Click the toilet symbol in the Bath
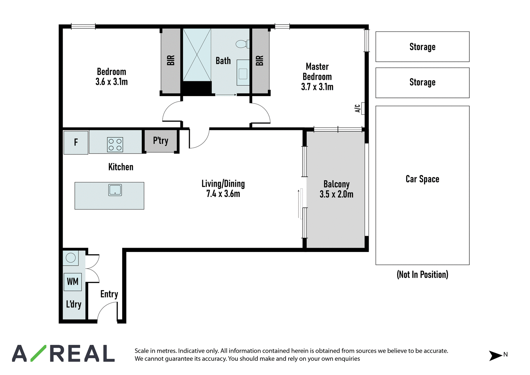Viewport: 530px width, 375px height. pos(242,44)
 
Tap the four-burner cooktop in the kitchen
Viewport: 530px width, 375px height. pos(115,145)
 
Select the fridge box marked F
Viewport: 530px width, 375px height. pos(76,143)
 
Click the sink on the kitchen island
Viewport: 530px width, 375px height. pos(115,190)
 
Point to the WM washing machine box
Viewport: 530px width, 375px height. pos(73,282)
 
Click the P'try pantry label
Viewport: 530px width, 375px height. pos(161,141)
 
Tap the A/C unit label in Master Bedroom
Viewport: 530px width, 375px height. pos(357,108)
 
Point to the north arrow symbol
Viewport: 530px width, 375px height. pos(495,355)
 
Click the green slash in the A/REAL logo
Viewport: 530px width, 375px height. pos(38,353)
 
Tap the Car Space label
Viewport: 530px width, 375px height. pos(422,179)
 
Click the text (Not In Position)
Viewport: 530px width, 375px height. pos(422,275)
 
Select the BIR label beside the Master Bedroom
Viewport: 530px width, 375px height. pos(260,60)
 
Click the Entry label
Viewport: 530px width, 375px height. pos(109,294)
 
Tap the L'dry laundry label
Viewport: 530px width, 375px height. pos(74,304)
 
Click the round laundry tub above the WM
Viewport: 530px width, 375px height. pos(71,258)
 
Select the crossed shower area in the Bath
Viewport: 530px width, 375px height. pos(197,55)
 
